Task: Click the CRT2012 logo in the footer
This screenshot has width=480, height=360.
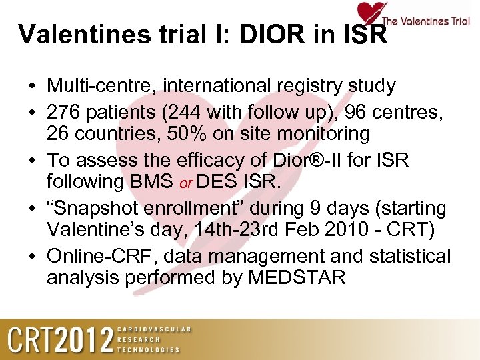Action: pyautogui.click(x=60, y=339)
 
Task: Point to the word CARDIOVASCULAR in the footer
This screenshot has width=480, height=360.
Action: pyautogui.click(x=154, y=329)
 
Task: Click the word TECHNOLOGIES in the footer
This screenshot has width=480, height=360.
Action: pyautogui.click(x=149, y=349)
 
